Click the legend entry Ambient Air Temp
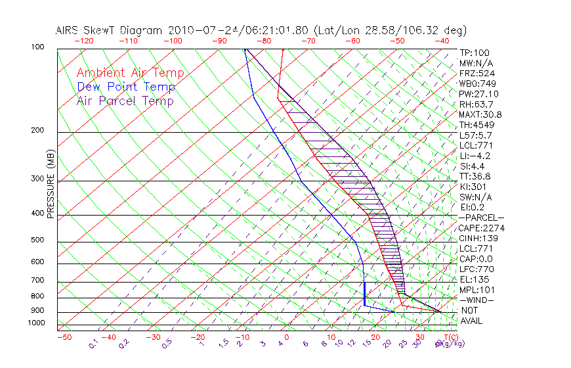click(130, 73)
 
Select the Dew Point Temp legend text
click(126, 87)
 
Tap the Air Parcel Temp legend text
click(125, 101)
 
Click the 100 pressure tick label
click(37, 48)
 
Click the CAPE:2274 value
click(482, 228)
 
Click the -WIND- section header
click(476, 300)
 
